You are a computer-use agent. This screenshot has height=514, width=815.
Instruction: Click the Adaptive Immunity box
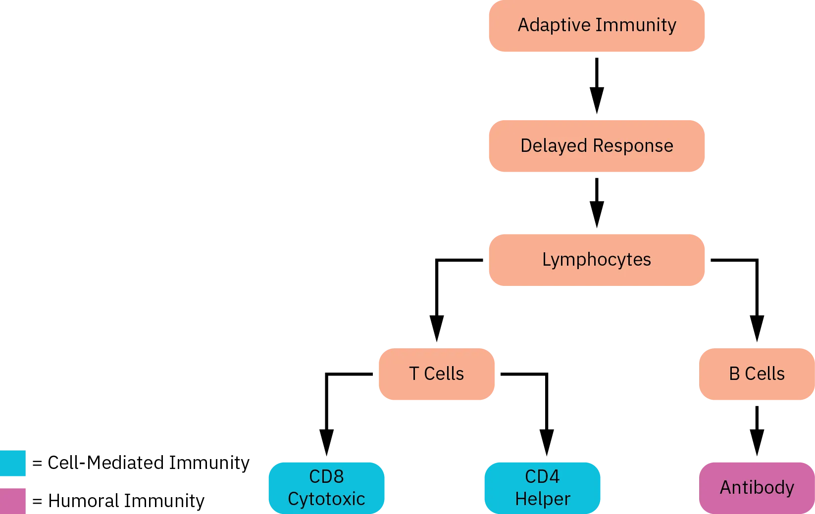pos(596,26)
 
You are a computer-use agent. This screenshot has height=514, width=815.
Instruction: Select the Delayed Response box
pos(596,146)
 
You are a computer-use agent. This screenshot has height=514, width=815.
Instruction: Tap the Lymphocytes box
pos(596,260)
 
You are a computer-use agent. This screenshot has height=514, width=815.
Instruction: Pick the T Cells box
pos(436,374)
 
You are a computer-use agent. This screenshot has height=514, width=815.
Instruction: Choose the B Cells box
pos(756,374)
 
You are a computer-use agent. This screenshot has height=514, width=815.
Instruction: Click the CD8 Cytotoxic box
pos(326,487)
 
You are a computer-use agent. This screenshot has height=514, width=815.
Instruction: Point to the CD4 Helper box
pos(542,487)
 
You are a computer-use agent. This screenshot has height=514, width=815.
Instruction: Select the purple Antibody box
pos(756,487)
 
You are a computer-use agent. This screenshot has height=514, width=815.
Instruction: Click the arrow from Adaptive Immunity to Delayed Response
pos(597,84)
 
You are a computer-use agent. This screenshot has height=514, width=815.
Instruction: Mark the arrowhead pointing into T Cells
pos(437,327)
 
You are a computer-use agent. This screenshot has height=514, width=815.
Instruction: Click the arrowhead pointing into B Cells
pos(756,327)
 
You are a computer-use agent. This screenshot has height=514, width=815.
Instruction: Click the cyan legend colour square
pos(13,463)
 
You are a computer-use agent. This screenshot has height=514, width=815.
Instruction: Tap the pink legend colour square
pos(13,500)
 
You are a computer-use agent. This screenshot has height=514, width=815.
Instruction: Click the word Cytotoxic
pos(326,499)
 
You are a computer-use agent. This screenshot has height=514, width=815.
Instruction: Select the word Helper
pos(542,499)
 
